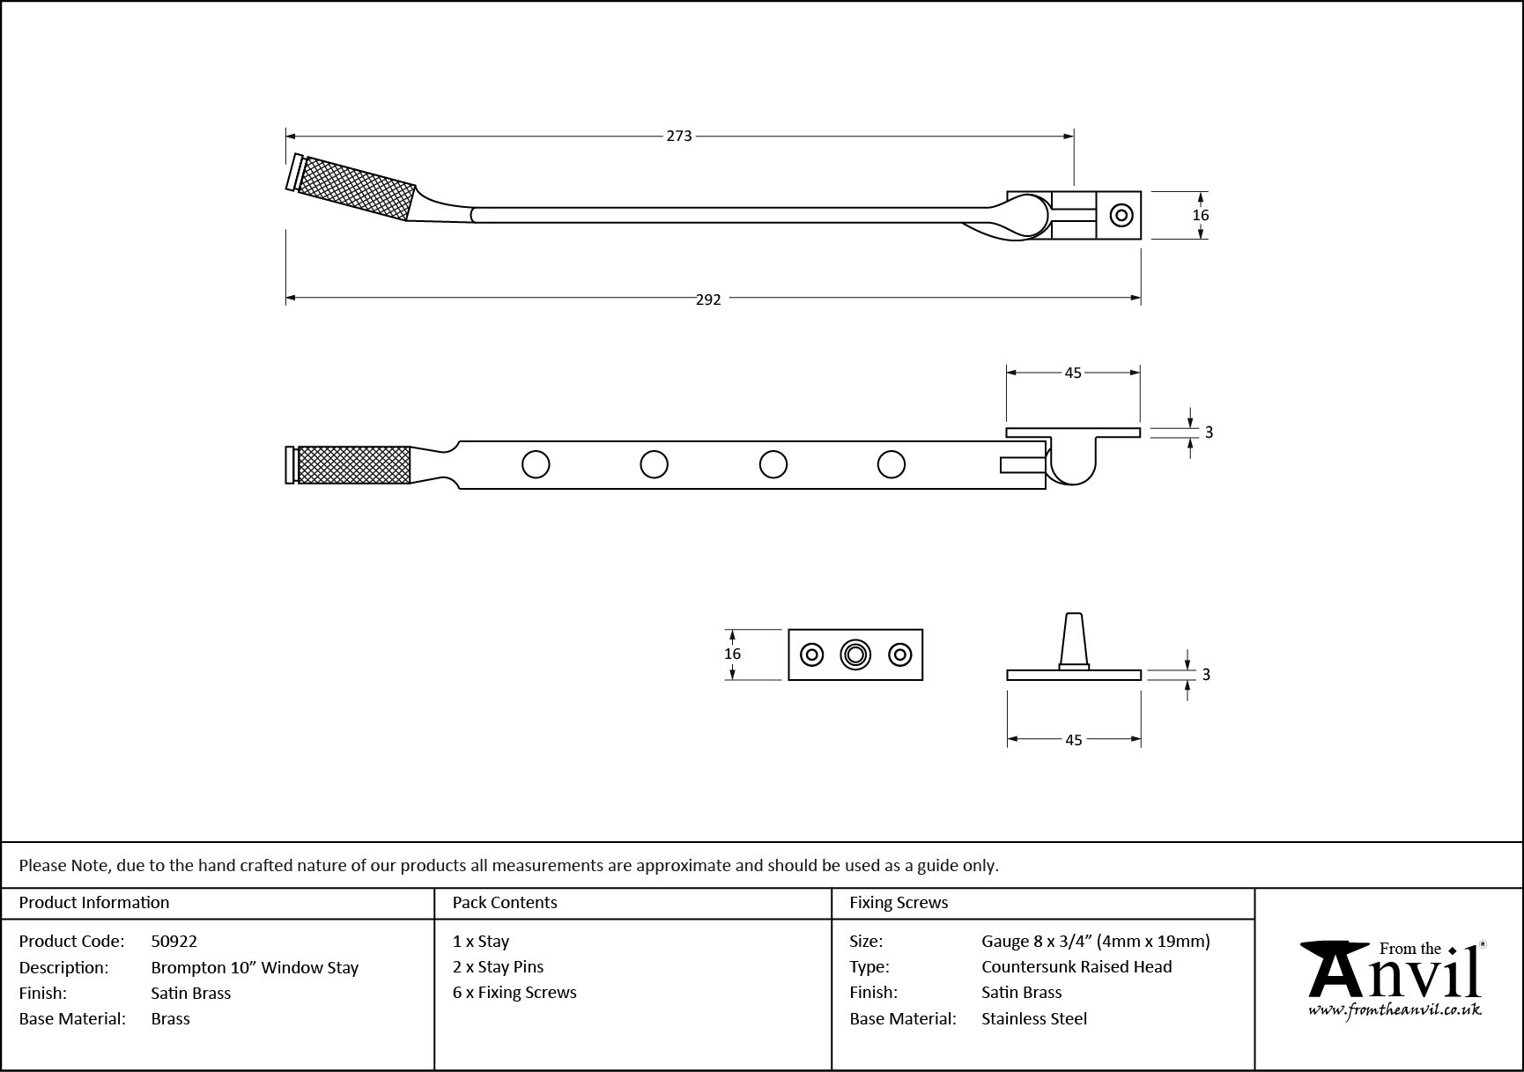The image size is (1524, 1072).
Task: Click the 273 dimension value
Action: click(x=678, y=137)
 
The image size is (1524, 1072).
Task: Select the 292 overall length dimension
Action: click(x=708, y=299)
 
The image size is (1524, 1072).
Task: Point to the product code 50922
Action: click(x=174, y=942)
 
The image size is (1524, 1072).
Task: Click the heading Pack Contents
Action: click(x=504, y=903)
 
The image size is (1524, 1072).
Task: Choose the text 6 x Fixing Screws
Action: click(x=514, y=993)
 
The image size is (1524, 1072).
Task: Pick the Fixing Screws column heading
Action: click(x=899, y=903)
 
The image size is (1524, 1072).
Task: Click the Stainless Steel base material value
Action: click(x=1034, y=1019)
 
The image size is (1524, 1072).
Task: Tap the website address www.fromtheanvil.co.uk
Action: click(x=1395, y=1011)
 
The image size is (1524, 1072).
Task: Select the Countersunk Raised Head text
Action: click(x=1076, y=967)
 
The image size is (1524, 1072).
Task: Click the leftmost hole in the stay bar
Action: click(x=536, y=464)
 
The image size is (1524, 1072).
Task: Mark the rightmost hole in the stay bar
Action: click(x=891, y=464)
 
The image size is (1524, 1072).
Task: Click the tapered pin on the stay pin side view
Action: click(x=1073, y=640)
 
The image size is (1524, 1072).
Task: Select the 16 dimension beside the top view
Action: click(x=1201, y=216)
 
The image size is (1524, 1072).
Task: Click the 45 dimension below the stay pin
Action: click(x=1073, y=741)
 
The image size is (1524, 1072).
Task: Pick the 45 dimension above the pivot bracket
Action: click(x=1072, y=373)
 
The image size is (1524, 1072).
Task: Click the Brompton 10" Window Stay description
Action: click(x=255, y=968)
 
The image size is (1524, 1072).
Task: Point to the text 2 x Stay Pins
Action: click(x=498, y=967)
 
